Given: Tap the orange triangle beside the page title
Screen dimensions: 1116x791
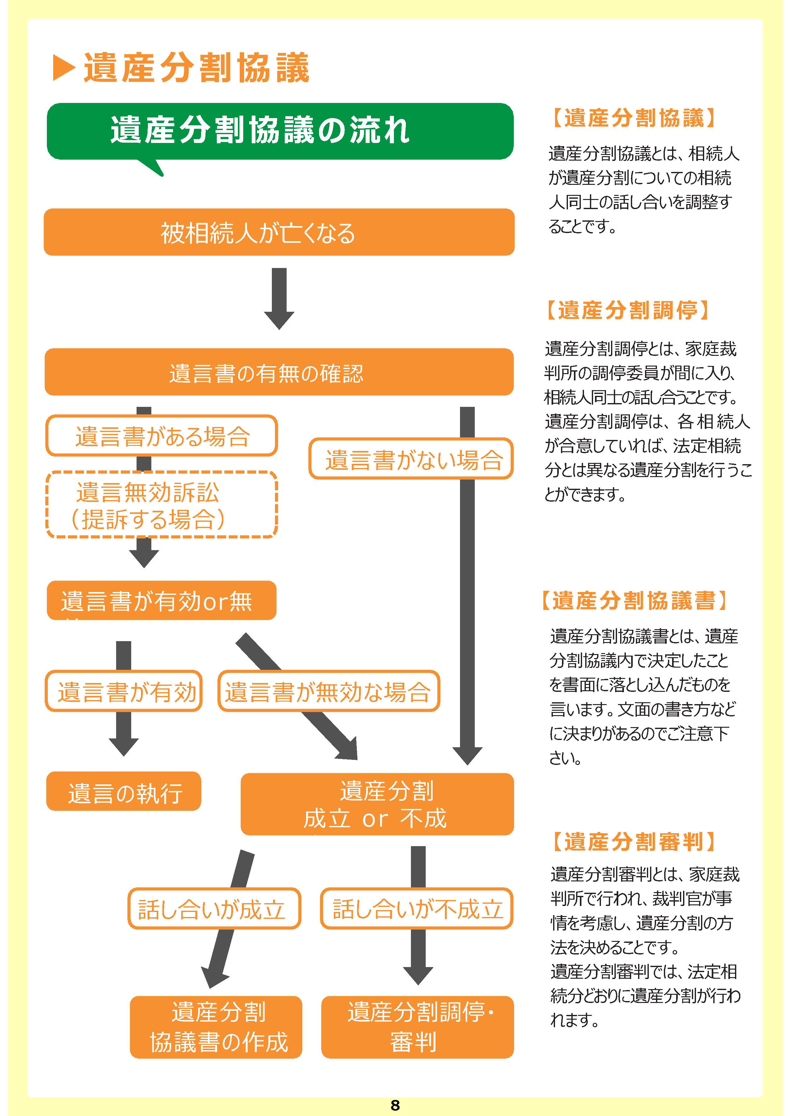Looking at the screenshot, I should tap(63, 68).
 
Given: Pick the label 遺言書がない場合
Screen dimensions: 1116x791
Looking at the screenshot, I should tap(411, 458).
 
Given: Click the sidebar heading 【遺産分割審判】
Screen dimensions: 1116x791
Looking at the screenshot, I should tap(633, 842).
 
